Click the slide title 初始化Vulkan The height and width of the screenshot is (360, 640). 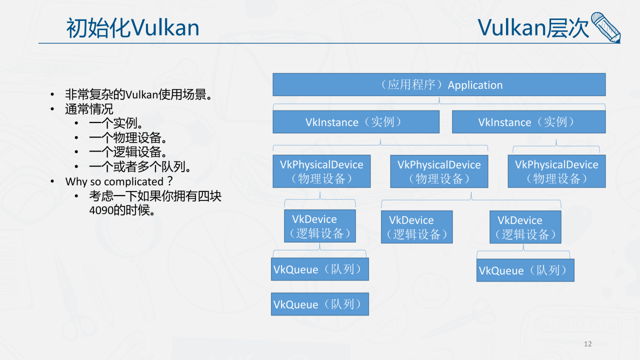tap(132, 28)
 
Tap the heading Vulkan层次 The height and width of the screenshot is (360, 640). tap(533, 28)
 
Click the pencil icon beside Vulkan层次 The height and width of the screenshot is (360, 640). tap(605, 27)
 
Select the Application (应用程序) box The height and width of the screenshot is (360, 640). tap(439, 84)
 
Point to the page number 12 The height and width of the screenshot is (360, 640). tap(587, 343)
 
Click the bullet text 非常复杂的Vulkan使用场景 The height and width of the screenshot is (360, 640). tap(138, 94)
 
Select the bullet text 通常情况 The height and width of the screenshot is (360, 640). tap(89, 109)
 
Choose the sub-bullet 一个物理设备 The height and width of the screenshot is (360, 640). tap(127, 138)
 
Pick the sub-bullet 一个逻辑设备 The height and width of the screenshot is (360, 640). tap(127, 152)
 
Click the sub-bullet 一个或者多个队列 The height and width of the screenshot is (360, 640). tap(139, 166)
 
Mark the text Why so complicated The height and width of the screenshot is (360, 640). tap(114, 181)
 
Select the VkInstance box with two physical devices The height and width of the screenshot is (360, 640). tap(356, 122)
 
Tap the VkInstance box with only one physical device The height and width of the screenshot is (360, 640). tap(528, 122)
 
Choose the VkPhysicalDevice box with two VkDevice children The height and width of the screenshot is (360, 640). tap(439, 171)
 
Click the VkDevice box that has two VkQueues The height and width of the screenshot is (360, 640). tap(320, 226)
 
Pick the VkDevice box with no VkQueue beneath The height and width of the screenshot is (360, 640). tap(416, 227)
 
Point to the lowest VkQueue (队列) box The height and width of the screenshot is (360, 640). tap(320, 304)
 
